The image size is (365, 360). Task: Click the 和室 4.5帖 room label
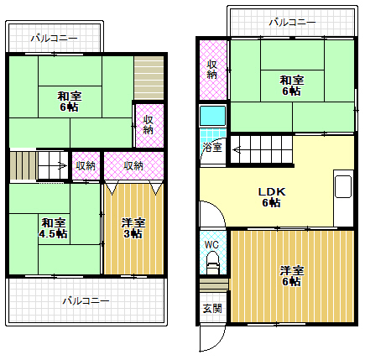coord(55,227)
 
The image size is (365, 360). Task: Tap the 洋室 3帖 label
coord(133,227)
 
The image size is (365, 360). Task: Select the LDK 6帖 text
coord(271,197)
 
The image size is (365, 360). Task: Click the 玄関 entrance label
coord(211,308)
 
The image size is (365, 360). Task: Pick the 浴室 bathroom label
coord(211,148)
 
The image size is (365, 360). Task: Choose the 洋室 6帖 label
coord(291,275)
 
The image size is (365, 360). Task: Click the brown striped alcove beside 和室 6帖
coord(150,77)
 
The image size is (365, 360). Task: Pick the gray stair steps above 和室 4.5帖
coord(23,164)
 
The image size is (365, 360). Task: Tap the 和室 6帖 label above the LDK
coord(292,85)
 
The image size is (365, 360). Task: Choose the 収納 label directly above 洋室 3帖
coord(133,165)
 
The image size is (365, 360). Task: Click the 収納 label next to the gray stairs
coord(86,165)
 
